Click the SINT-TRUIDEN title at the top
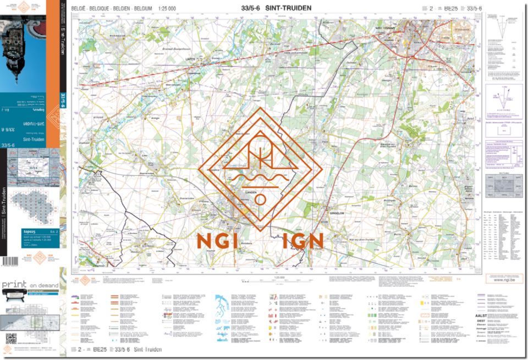coord(288,8)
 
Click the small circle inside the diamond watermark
coord(260,199)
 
